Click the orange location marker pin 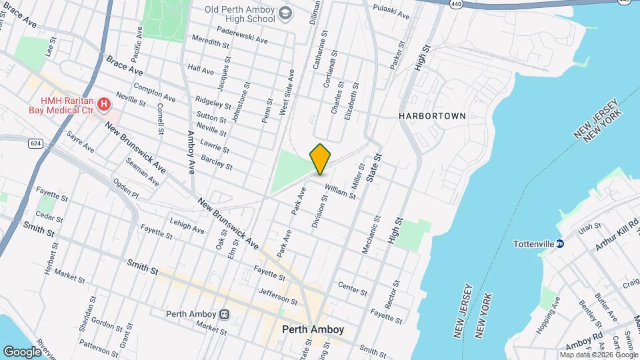coord(321,159)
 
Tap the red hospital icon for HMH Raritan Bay coord(103,104)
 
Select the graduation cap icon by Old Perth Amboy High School coord(285,13)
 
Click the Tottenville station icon coord(561,244)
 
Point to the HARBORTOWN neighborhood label coord(433,115)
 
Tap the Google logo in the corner coord(22,351)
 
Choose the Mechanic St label coord(371,234)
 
